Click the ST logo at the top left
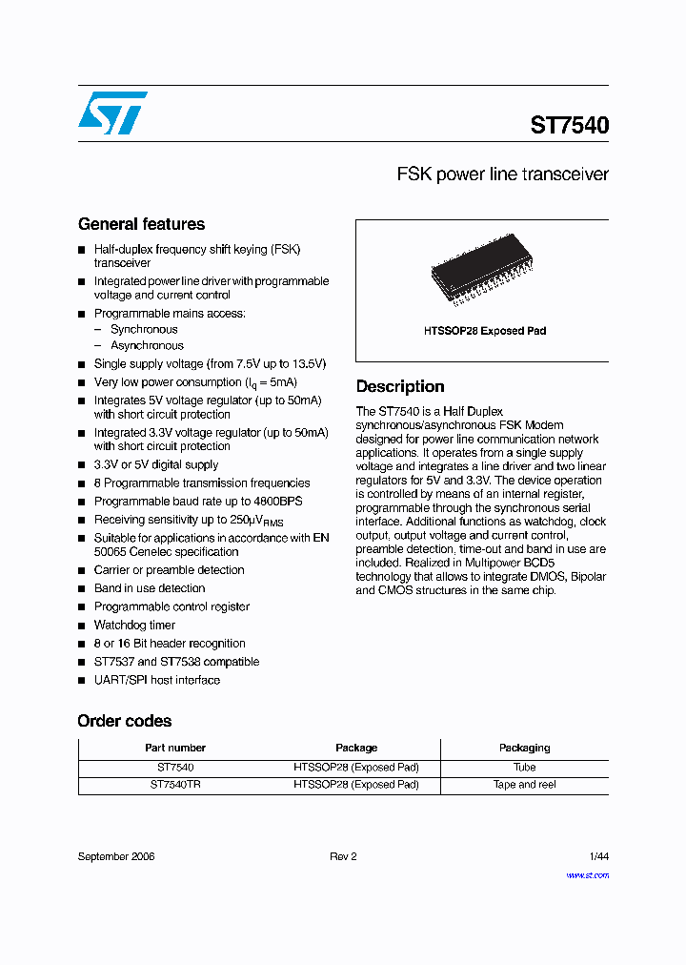click(112, 113)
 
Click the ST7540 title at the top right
click(570, 125)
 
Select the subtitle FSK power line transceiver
click(502, 175)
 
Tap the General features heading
click(141, 224)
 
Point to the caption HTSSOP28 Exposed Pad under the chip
click(485, 331)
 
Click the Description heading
click(400, 386)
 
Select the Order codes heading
click(125, 721)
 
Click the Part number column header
click(175, 748)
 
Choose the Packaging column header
click(525, 748)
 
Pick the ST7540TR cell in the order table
click(175, 785)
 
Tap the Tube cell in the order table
click(525, 767)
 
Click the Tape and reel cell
click(525, 785)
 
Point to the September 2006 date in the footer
click(116, 856)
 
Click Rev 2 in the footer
click(343, 856)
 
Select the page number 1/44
click(598, 856)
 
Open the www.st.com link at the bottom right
click(587, 875)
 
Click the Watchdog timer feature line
click(134, 626)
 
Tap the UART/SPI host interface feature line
click(157, 680)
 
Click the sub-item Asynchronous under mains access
click(147, 345)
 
